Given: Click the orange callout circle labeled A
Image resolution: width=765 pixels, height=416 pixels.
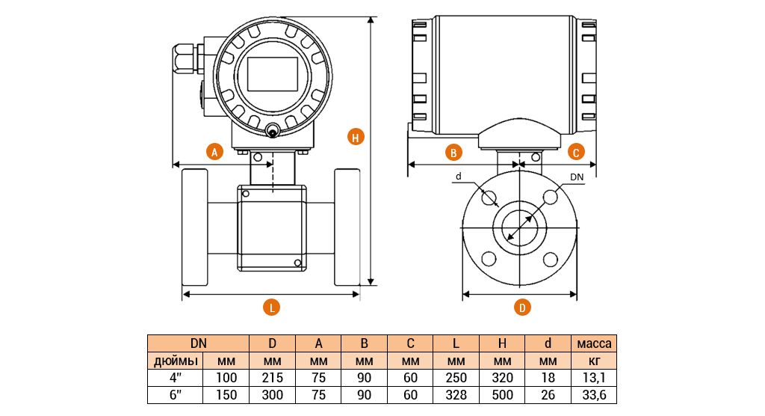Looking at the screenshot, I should [214, 151].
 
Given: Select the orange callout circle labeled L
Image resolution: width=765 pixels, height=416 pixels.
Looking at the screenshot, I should [272, 307].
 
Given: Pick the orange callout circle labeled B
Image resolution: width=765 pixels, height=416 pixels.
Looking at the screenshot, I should [453, 152].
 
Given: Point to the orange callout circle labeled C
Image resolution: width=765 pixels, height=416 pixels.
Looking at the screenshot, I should [575, 152].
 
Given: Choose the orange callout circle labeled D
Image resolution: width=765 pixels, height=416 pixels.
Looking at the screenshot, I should [523, 307].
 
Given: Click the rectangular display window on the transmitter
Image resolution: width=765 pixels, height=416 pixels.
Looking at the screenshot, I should [272, 73].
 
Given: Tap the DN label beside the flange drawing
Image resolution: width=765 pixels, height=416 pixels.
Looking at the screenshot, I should [577, 177].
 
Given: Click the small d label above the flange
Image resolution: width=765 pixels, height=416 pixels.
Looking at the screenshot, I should [459, 177].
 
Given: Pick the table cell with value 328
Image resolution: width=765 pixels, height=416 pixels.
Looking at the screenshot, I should [456, 394].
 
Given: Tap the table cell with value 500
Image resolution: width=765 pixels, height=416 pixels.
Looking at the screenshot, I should [502, 394].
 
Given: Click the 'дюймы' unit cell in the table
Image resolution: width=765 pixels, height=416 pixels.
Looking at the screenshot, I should [176, 361].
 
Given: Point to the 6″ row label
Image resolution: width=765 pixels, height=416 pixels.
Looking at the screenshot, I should [176, 394].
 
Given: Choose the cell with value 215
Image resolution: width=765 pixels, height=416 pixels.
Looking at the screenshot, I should [273, 378].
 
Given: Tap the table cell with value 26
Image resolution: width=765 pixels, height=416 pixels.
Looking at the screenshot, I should [548, 394].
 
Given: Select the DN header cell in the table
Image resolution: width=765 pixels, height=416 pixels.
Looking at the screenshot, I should [198, 344].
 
